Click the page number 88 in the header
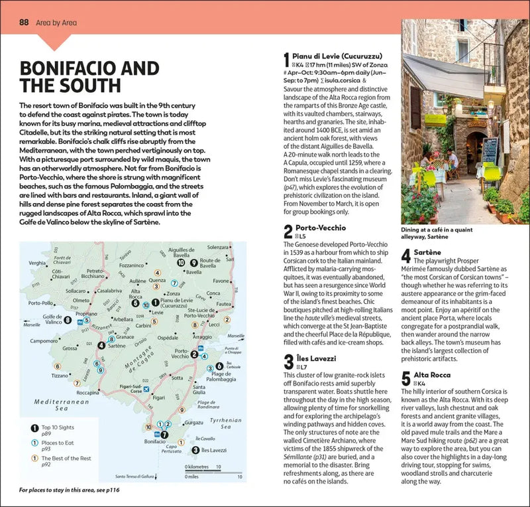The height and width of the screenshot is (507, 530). [23, 23]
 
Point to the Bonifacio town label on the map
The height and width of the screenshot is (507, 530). [153, 441]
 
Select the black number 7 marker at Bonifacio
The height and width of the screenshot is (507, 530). [165, 435]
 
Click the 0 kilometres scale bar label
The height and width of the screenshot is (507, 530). [201, 467]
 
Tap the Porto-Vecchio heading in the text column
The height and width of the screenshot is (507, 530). [315, 228]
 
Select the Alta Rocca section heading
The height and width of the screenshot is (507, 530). [431, 375]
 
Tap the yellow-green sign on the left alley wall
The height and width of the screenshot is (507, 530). [435, 120]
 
